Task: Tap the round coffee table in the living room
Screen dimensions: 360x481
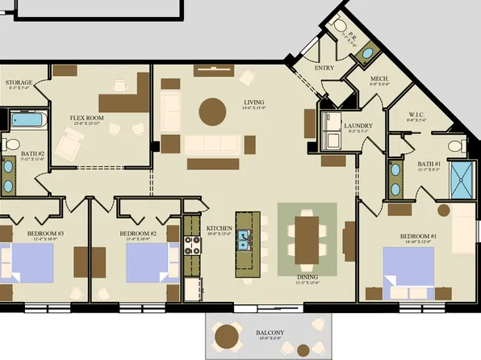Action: [213, 111]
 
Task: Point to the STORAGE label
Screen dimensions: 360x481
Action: [19, 82]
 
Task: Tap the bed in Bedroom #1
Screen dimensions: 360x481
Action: [408, 270]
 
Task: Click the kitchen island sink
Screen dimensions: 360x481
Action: [246, 237]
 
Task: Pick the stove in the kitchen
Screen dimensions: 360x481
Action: [193, 245]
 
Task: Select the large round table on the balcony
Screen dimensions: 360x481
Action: [228, 334]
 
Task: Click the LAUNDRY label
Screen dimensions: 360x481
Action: [356, 126]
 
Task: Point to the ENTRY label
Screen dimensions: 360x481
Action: [324, 68]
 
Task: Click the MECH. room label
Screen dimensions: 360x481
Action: [379, 79]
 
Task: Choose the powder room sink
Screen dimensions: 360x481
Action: [367, 53]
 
